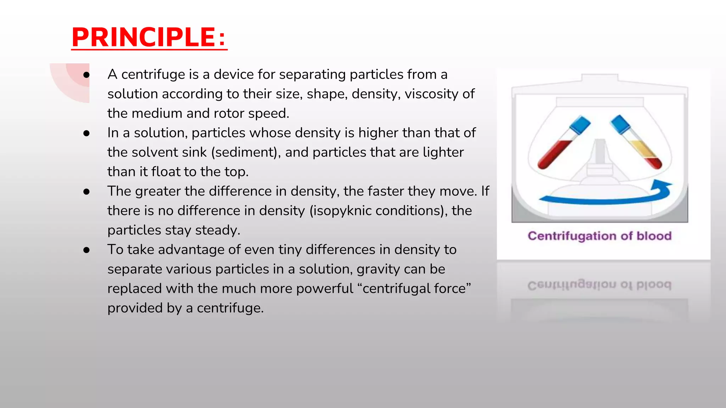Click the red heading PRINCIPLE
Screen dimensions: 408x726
point(149,37)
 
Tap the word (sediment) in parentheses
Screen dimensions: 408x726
point(245,152)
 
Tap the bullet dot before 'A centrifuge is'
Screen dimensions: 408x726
point(86,75)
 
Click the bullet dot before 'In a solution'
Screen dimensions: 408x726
point(86,133)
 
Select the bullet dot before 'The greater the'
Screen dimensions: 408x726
point(86,192)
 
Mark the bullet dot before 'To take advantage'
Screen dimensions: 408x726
point(86,250)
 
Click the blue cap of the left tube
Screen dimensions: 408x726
point(580,125)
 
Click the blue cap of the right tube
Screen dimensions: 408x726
point(620,124)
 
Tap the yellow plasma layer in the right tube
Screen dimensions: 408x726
point(642,148)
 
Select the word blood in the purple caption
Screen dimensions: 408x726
point(654,236)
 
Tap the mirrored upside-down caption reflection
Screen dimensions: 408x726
point(599,285)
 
